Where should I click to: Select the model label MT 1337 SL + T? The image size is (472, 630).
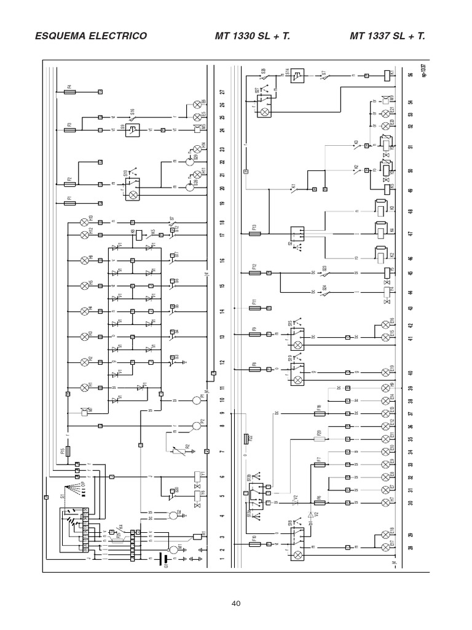pyautogui.click(x=387, y=36)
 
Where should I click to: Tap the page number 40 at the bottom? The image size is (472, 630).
pyautogui.click(x=236, y=603)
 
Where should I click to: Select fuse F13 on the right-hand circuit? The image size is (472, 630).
pyautogui.click(x=258, y=234)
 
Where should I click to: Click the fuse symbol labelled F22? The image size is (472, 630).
pyautogui.click(x=246, y=438)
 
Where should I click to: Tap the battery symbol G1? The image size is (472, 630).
pyautogui.click(x=163, y=559)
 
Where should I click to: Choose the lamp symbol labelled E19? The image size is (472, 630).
pyautogui.click(x=386, y=372)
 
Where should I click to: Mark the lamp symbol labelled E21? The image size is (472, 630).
pyautogui.click(x=386, y=114)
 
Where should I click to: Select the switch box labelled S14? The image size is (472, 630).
pyautogui.click(x=297, y=76)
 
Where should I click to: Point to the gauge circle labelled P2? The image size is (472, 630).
pyautogui.click(x=196, y=425)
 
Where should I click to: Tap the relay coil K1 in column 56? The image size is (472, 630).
pyautogui.click(x=386, y=76)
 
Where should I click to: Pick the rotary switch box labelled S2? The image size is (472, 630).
pyautogui.click(x=298, y=234)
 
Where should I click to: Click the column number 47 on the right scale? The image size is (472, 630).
pyautogui.click(x=410, y=234)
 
